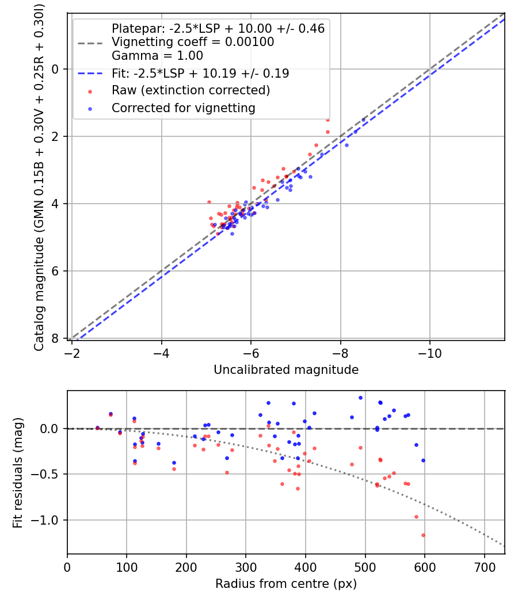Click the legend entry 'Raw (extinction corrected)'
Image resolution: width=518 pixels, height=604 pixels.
tap(191, 90)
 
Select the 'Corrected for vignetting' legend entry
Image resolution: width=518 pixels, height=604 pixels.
tap(183, 108)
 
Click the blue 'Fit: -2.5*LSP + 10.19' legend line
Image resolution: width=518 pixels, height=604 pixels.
tap(91, 74)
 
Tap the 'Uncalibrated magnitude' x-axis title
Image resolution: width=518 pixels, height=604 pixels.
tap(286, 370)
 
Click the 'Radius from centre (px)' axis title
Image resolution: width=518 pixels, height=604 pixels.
tap(286, 584)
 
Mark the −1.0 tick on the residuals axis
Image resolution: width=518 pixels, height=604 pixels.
tap(47, 520)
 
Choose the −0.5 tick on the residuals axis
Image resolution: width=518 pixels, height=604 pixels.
tap(47, 474)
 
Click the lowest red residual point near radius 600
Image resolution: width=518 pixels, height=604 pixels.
tap(423, 535)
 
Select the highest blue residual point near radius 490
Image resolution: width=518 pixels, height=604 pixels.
tap(360, 397)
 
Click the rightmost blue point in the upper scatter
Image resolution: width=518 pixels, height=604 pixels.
tap(363, 120)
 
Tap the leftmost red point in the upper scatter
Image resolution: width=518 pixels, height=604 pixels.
tap(209, 202)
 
